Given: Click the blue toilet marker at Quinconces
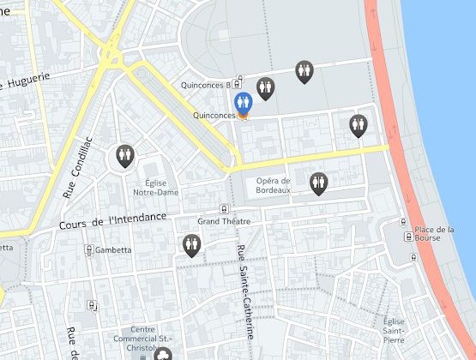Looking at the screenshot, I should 243,103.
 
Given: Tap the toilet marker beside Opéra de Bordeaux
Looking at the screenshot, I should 319,182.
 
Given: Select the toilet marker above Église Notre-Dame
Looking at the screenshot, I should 125,155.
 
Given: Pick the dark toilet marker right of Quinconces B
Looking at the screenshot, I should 265,87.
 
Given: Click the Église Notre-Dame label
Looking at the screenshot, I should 155,187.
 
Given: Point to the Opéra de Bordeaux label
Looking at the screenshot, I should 274,185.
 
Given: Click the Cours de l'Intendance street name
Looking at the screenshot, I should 112,220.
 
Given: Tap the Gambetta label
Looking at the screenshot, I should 113,250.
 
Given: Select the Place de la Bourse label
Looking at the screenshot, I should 434,233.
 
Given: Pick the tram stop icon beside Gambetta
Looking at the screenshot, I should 88,249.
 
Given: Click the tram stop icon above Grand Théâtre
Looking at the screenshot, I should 224,207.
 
